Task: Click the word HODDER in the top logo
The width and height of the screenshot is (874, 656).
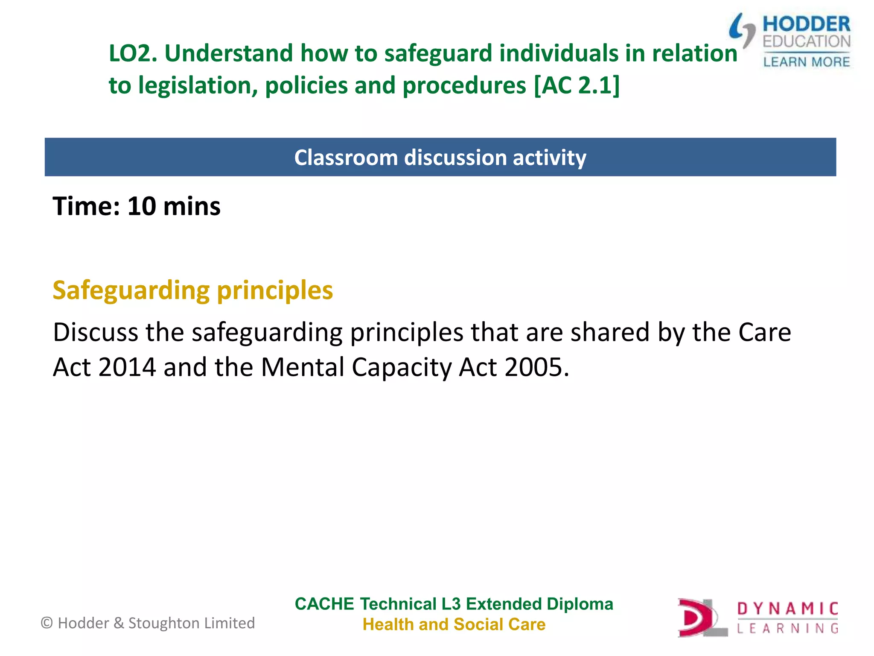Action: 806,24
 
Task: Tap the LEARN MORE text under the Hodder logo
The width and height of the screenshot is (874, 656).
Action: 806,62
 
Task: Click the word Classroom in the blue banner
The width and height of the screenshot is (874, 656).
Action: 346,158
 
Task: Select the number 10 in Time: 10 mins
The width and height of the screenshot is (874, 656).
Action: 142,207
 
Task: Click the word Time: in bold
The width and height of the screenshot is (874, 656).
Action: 86,207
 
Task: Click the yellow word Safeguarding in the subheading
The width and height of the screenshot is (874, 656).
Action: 131,291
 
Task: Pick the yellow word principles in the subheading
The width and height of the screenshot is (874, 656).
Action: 275,291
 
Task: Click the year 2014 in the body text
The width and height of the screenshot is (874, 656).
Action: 127,367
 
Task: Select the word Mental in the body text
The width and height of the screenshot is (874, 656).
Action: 302,367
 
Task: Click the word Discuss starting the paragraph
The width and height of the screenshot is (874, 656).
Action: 95,332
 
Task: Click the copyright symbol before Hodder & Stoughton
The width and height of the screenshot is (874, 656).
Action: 47,623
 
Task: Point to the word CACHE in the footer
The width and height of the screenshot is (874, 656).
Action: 324,604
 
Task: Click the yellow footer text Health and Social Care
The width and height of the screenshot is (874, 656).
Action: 454,625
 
